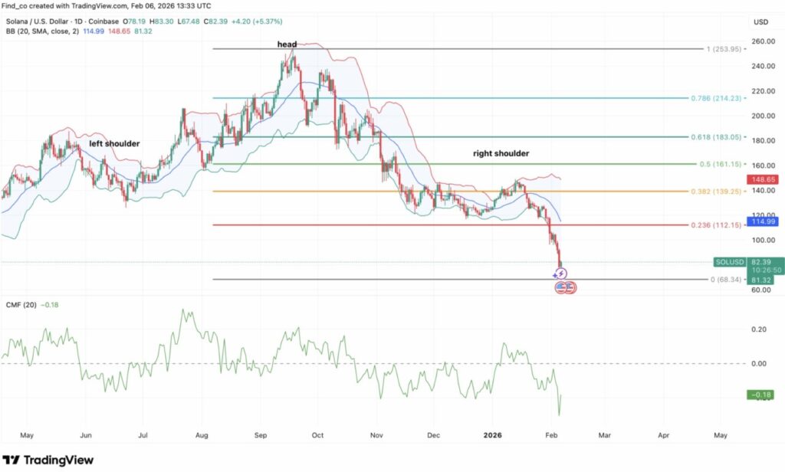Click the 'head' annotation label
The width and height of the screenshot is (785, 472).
[x=287, y=44]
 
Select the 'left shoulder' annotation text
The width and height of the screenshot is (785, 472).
[x=114, y=143]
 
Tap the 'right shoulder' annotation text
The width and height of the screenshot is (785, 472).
[x=501, y=154]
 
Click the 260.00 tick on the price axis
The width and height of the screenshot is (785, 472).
[x=763, y=41]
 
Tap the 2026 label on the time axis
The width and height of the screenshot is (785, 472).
[x=492, y=434]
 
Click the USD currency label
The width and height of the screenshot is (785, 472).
[x=761, y=21]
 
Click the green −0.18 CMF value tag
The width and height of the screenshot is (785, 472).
[x=764, y=395]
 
